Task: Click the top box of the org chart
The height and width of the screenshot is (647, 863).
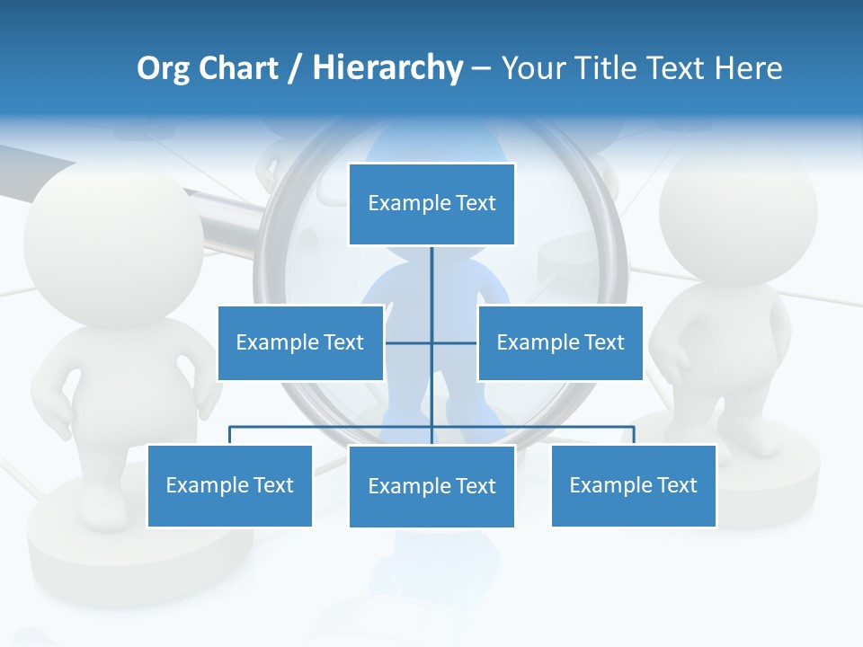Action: tap(431, 204)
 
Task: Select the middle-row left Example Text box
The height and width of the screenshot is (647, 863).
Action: tap(300, 342)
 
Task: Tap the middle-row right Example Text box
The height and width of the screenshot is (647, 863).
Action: tap(560, 342)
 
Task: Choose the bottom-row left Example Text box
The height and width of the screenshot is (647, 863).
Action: tap(229, 485)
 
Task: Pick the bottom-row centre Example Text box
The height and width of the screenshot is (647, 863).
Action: tap(431, 486)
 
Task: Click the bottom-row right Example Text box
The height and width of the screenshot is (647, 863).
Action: tap(634, 485)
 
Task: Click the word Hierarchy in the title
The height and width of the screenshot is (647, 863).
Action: tap(387, 68)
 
